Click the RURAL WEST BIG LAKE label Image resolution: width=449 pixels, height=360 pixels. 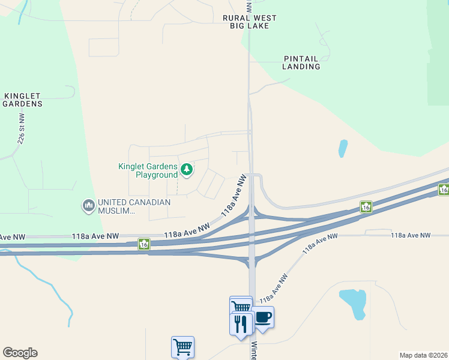250,22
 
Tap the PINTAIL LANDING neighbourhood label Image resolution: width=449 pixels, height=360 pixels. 301,62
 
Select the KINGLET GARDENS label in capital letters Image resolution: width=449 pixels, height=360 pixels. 23,100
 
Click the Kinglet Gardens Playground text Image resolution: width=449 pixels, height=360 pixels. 148,170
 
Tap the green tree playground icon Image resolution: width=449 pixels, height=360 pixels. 187,170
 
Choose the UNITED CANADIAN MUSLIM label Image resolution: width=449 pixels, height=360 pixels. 133,206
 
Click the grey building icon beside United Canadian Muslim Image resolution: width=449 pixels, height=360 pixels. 88,206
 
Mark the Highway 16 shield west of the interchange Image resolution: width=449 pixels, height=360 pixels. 144,244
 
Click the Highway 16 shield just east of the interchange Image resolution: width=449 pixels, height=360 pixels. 366,207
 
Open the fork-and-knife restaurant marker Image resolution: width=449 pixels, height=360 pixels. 241,324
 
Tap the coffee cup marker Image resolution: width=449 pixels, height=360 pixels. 264,317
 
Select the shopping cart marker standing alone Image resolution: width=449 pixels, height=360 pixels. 182,346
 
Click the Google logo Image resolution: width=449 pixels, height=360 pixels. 20,353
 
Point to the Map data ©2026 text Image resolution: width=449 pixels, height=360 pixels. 423,355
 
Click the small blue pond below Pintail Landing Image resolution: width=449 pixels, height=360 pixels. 343,148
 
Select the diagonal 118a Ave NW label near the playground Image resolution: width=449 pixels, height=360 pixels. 234,196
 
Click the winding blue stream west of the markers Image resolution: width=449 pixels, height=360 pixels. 57,294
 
